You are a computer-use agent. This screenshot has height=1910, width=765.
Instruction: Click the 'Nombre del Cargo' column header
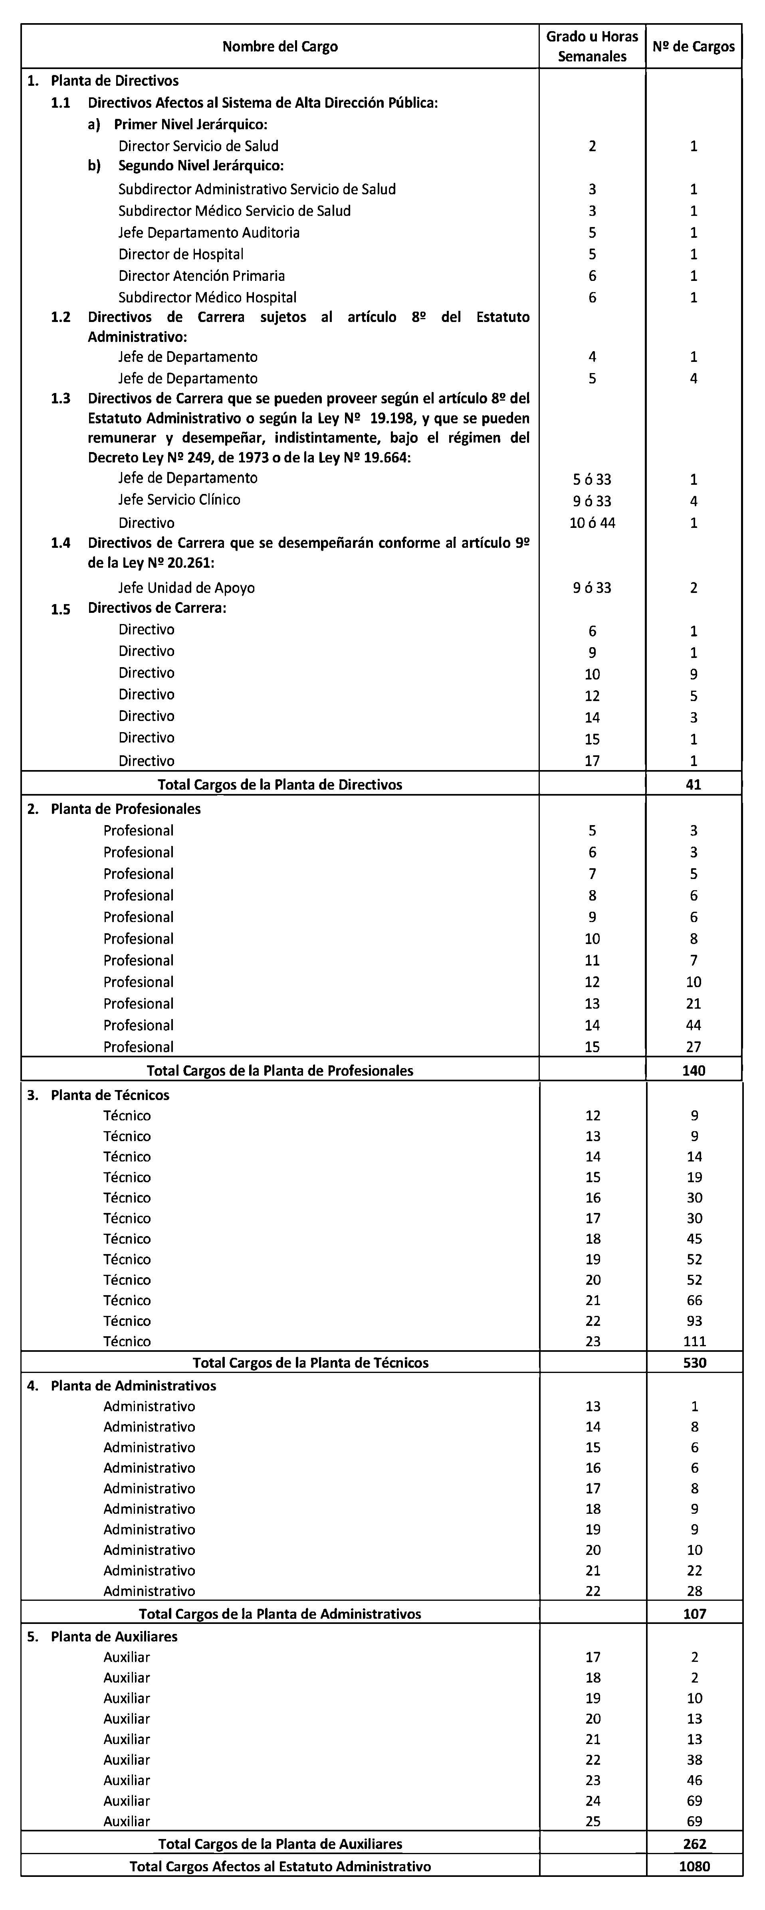(280, 47)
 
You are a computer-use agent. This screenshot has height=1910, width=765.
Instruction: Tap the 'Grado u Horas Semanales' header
(592, 47)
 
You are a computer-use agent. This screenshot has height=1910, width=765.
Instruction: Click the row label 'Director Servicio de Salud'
(198, 146)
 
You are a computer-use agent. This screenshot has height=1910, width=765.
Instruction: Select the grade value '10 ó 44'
(592, 523)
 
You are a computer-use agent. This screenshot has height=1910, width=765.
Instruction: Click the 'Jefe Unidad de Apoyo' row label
(186, 588)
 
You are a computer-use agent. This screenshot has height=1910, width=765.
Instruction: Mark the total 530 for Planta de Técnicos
(694, 1363)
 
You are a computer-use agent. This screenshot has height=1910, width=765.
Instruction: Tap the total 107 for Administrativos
(694, 1614)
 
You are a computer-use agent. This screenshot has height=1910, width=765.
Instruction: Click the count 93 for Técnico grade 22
(694, 1321)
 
